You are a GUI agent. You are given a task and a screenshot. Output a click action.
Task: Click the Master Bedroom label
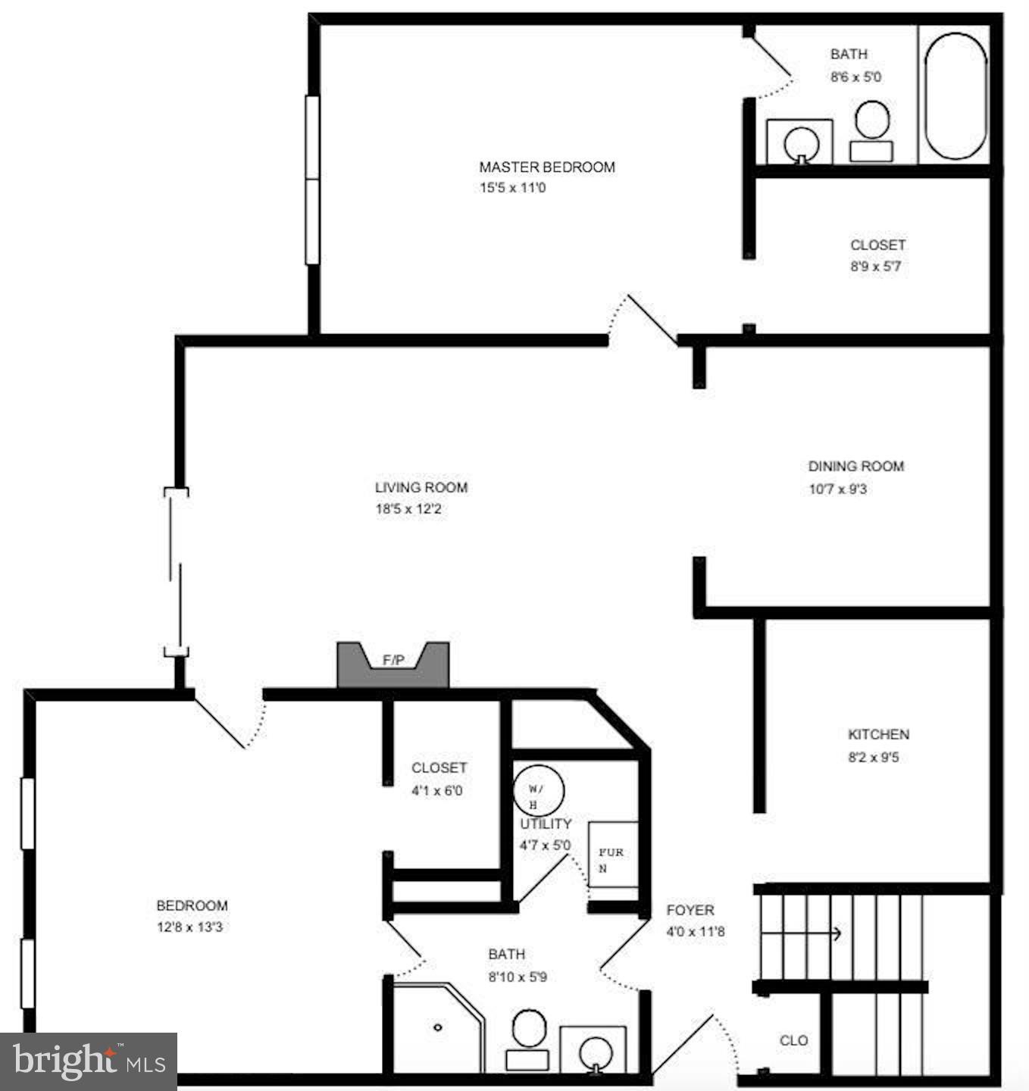pos(546,167)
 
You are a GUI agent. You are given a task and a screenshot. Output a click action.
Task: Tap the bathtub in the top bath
pos(955,95)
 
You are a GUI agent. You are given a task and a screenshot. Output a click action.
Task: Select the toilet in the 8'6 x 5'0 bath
pos(871,130)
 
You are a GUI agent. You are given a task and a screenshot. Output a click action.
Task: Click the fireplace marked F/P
pos(393,664)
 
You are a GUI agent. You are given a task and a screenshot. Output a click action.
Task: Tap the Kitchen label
pos(878,734)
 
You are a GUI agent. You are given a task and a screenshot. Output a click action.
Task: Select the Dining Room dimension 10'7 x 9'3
pos(837,489)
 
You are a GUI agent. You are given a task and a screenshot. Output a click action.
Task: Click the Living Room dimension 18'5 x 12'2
pos(408,509)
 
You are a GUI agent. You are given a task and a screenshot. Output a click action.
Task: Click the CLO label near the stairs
pos(793,1040)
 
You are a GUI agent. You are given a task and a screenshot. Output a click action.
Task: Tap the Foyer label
pos(690,910)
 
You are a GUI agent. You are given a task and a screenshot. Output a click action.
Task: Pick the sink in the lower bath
pos(593,1052)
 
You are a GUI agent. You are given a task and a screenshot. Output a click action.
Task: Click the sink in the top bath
pos(800,142)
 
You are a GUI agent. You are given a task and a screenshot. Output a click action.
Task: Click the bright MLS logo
pos(88,1061)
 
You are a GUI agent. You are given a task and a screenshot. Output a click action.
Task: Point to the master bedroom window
pos(311,180)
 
